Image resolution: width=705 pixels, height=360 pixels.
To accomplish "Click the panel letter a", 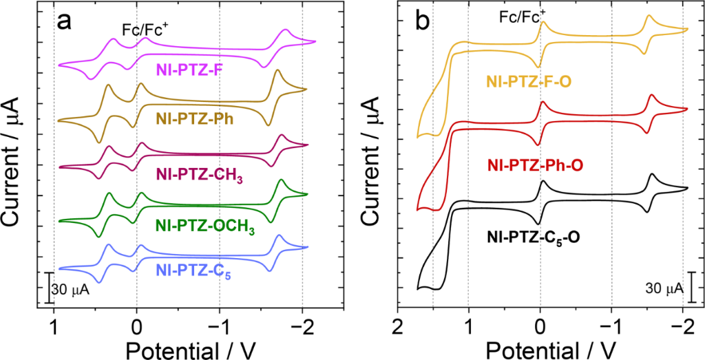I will click(64, 22).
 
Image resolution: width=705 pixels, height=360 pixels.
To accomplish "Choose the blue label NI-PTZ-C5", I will click(191, 275).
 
